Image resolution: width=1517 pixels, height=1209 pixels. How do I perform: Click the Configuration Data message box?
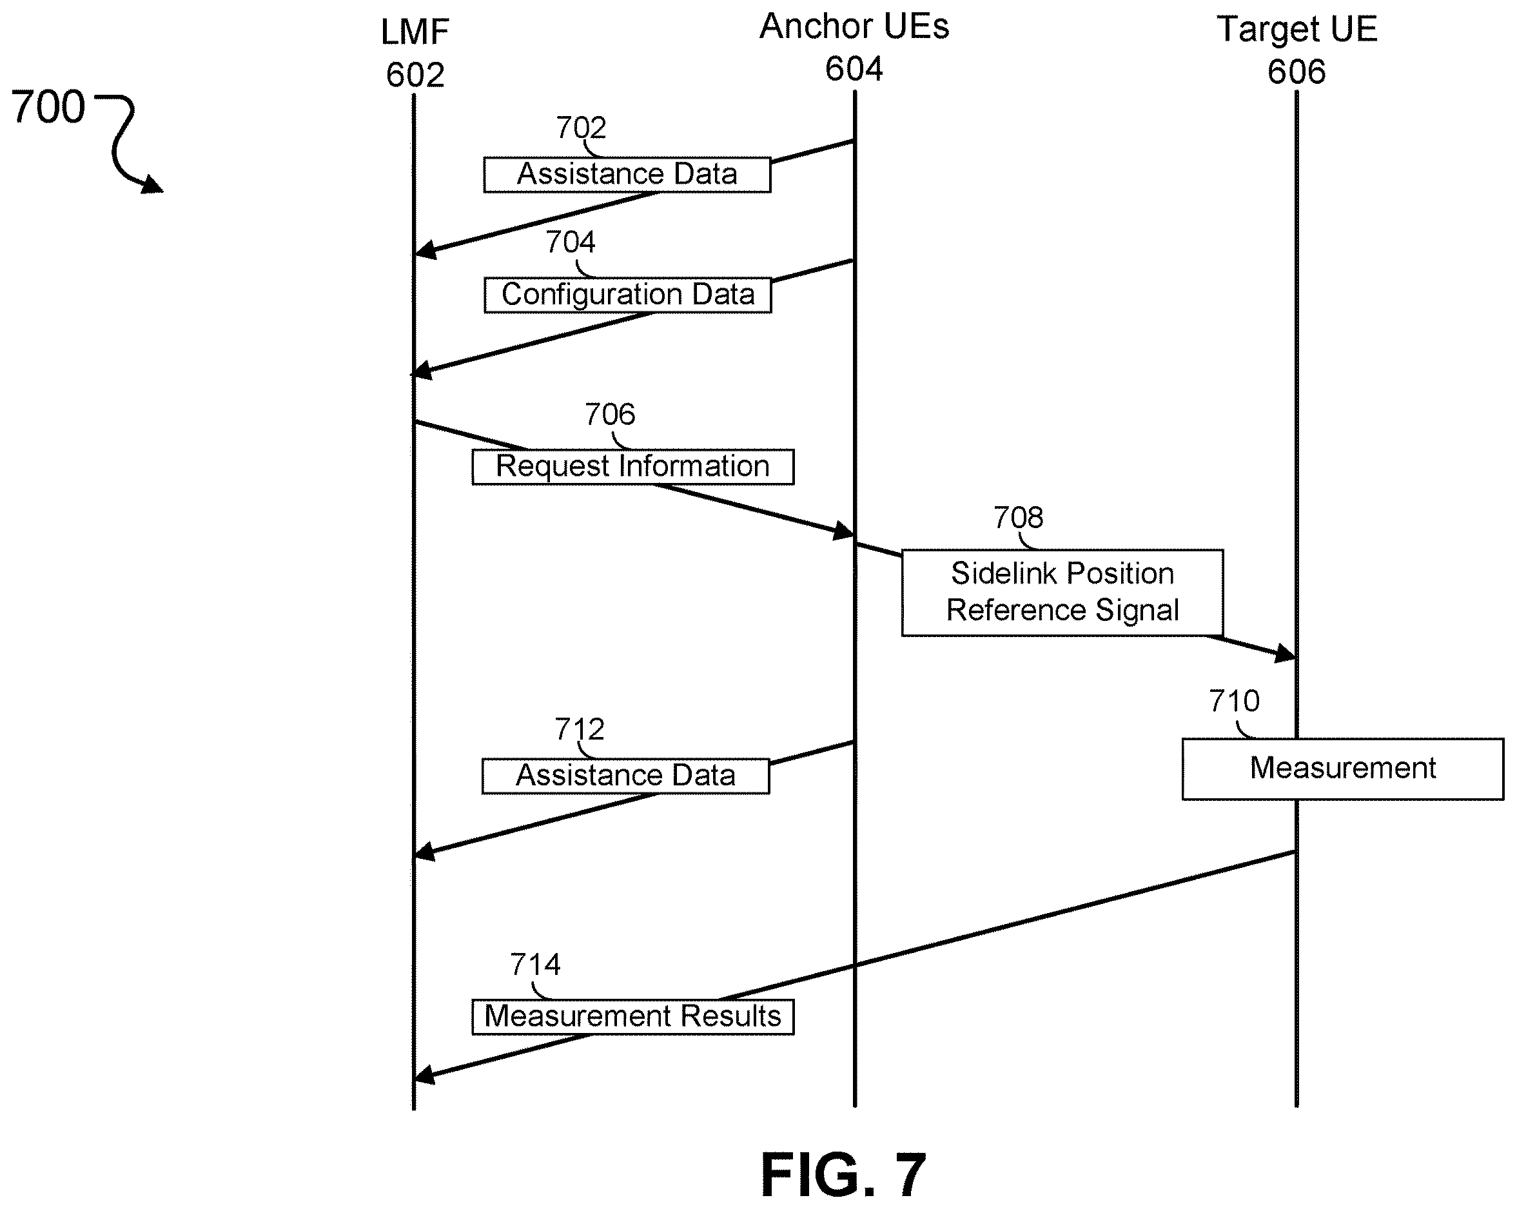point(628,295)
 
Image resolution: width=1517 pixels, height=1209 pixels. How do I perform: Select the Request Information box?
point(633,467)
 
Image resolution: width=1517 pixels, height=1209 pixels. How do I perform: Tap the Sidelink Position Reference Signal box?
point(1062,593)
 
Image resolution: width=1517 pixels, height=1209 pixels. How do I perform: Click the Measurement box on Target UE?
point(1342,769)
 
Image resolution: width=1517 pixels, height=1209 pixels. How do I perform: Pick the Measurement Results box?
point(633,1017)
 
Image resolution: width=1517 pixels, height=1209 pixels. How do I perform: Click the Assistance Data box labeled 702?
point(627,175)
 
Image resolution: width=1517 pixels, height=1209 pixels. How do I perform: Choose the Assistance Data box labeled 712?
point(625,776)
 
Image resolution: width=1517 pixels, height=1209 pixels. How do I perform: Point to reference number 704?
point(571,243)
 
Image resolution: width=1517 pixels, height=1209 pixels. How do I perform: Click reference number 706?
point(610,415)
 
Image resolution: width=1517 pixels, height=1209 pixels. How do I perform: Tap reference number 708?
point(1018,518)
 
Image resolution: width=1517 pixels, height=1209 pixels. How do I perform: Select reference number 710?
point(1234,701)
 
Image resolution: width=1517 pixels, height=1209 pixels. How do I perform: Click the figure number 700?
point(48,107)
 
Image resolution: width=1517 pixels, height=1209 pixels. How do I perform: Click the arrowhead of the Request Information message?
point(845,531)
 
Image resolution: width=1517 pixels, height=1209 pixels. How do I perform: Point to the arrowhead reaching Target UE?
point(1286,654)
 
